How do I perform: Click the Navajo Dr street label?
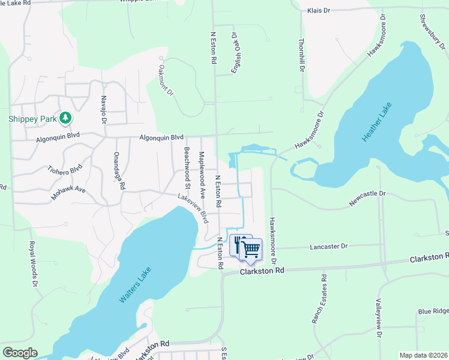click(103, 109)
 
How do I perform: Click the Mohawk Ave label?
click(68, 193)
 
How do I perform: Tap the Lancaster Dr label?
click(329, 246)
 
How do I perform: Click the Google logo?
click(20, 353)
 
